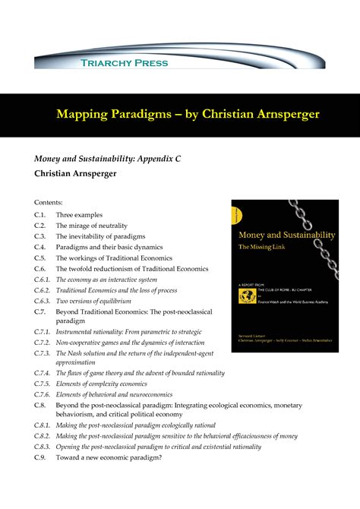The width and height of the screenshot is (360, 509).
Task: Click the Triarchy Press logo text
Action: (x=125, y=62)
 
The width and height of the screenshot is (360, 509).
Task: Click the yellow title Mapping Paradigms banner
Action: (x=179, y=114)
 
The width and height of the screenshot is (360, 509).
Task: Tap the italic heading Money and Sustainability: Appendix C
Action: (x=106, y=158)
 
